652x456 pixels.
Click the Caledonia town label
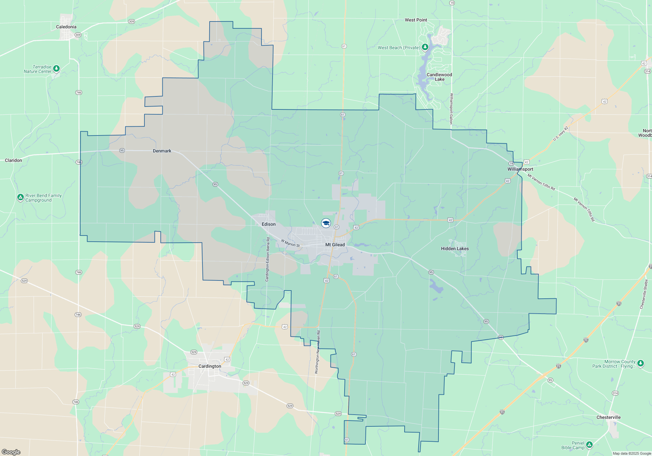coord(66,27)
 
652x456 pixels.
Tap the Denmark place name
coord(162,151)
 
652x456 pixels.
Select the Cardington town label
coord(210,366)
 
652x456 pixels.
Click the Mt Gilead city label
coord(335,245)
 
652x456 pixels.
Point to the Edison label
coord(269,224)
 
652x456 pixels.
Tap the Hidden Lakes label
coord(455,249)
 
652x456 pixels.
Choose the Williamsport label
coord(520,169)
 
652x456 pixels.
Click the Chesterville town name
coord(608,417)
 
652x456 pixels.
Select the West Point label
coord(416,20)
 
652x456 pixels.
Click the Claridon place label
coord(13,160)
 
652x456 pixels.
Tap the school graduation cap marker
coord(326,223)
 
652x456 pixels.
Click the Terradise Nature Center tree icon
coord(56,68)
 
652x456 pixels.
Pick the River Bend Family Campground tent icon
coord(21,197)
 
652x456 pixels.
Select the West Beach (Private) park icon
coord(425,47)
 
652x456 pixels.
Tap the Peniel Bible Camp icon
coord(589,445)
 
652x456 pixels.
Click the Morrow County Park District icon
coord(640,363)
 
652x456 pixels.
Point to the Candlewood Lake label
coord(439,77)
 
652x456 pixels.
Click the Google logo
coord(11,452)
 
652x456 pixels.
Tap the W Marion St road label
coord(290,243)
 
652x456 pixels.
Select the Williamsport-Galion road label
coord(451,108)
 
